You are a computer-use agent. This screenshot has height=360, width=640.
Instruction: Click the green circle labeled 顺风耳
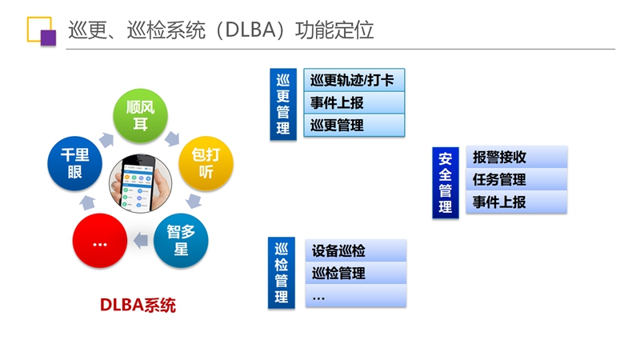140,115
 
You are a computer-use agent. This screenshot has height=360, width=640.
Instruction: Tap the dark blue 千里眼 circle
74,163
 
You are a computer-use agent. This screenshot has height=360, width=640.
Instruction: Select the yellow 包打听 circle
206,163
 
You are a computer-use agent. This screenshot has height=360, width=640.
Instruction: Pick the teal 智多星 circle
181,241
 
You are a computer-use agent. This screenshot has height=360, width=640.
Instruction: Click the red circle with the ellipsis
99,241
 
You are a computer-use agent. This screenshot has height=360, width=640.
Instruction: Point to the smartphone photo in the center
141,183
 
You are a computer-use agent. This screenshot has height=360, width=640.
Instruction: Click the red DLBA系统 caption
138,305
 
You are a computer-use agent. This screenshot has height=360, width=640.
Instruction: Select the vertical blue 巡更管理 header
283,104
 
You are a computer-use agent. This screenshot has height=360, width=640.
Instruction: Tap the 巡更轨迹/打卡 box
354,80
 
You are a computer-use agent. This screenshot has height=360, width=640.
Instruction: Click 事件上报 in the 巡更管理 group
354,102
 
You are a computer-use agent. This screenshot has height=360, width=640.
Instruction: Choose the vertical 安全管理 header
446,182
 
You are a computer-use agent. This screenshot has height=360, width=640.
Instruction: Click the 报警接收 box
516,157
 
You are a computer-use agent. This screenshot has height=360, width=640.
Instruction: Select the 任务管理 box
516,179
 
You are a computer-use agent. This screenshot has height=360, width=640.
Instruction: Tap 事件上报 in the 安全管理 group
516,202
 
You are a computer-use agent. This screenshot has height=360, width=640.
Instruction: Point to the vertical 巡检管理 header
282,273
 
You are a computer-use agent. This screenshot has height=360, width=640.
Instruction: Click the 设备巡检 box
355,250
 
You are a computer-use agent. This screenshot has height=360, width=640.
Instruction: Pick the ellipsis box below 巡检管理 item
355,295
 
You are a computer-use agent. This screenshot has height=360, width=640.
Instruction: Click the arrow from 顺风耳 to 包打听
172,138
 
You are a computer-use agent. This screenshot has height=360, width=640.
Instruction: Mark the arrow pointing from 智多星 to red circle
141,240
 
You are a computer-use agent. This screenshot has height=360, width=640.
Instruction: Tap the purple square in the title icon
48,38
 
